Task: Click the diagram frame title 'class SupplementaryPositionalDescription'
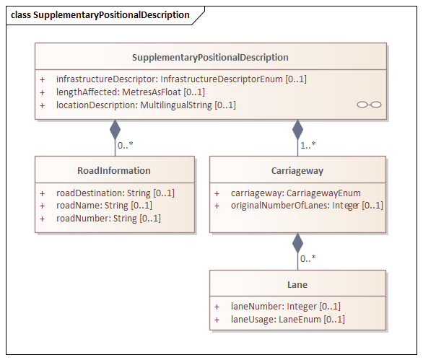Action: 100,15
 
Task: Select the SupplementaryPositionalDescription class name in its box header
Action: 210,58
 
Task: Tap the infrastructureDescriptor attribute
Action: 181,79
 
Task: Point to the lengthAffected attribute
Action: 131,92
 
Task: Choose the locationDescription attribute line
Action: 146,105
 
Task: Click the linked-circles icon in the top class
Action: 369,105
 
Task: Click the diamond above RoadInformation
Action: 115,130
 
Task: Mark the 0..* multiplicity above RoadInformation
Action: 126,145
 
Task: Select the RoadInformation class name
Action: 114,171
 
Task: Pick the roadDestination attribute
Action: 115,193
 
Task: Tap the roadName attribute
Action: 104,206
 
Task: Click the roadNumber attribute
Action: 108,218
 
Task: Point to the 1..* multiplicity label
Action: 308,145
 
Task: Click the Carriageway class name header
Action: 297,171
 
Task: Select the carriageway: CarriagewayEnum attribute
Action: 296,193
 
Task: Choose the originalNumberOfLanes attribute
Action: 307,206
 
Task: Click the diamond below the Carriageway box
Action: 298,243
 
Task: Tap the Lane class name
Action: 297,285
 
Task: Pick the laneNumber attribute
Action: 286,307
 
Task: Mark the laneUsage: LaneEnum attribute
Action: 288,320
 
